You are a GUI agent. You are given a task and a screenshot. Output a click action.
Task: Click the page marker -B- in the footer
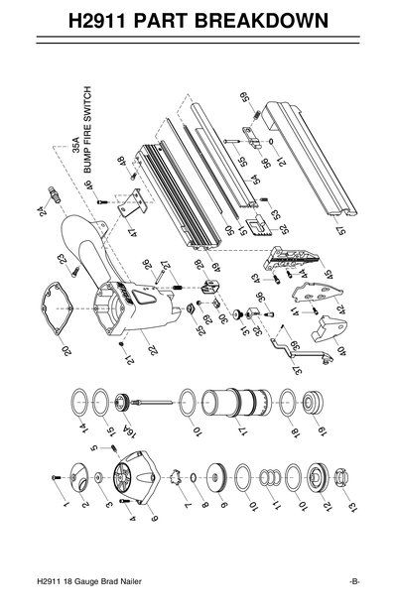353,581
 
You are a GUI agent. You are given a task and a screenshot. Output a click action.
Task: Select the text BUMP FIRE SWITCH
85,143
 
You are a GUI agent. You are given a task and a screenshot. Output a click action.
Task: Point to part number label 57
343,230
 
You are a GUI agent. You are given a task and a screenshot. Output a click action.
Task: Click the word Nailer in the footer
139,581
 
